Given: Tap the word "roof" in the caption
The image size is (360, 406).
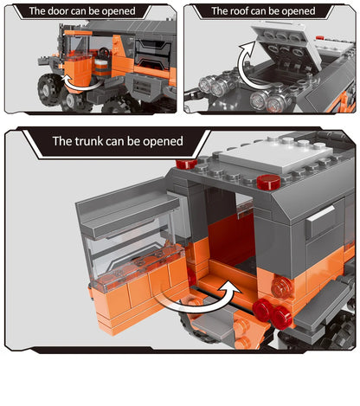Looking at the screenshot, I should tap(246, 12).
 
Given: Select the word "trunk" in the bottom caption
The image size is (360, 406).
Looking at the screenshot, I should tap(93, 140).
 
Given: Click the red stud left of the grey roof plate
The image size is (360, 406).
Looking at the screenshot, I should tap(185, 163).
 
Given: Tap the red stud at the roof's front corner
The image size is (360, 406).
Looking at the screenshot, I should tap(269, 182).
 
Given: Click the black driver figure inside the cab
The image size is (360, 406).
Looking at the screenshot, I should tap(102, 62).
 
